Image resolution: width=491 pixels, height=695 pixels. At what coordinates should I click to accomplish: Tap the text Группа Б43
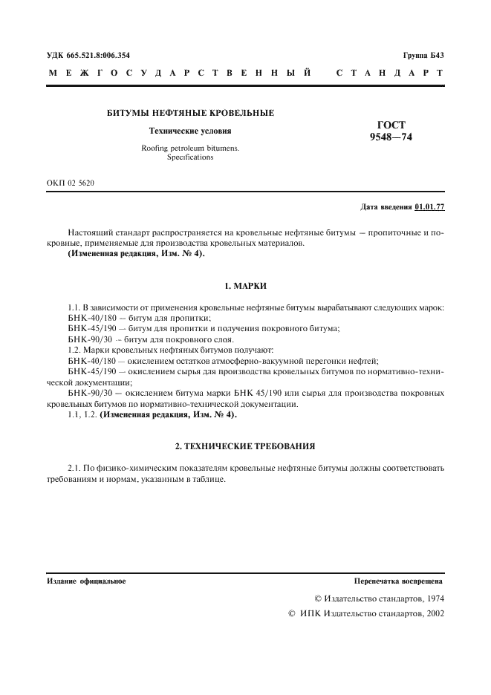coord(423,55)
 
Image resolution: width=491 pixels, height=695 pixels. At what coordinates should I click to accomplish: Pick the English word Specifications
coord(190,157)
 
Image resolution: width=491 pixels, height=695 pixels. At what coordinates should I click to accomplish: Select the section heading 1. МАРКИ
coord(245,286)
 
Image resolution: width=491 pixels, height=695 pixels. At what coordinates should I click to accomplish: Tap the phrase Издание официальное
coord(86,581)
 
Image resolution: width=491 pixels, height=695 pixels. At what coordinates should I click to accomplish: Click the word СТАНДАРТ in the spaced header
coord(390,74)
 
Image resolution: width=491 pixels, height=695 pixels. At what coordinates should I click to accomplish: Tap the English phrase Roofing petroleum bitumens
coord(190,149)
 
